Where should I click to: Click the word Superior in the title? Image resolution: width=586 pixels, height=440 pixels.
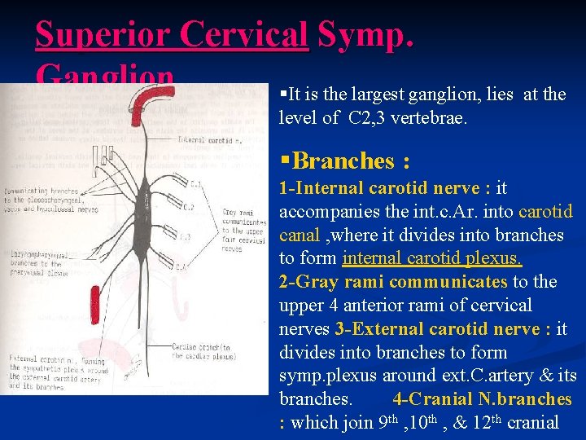point(103,35)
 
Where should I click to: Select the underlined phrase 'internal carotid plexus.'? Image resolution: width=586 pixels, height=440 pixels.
point(432,259)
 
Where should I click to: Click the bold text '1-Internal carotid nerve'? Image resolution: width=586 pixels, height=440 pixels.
point(379,188)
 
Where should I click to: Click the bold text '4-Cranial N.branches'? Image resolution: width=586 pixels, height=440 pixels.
point(482,399)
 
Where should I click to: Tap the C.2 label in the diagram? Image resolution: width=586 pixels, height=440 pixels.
point(188,208)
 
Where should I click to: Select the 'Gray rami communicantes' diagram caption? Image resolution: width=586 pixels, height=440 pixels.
point(243,228)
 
